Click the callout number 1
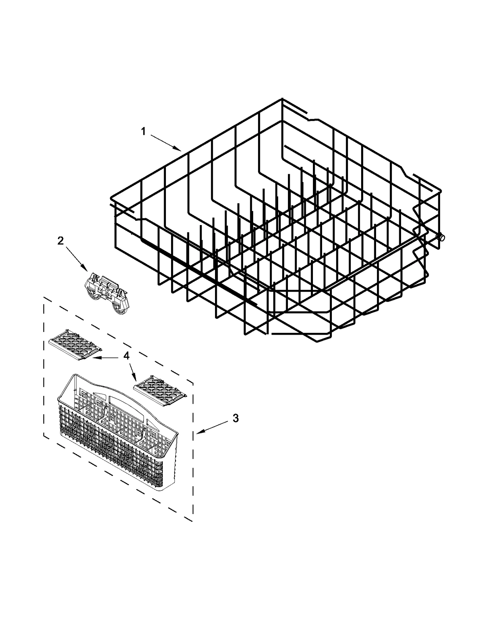pyautogui.click(x=143, y=132)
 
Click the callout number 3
pyautogui.click(x=235, y=418)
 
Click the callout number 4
pyautogui.click(x=126, y=355)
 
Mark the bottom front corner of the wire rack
pyautogui.click(x=317, y=341)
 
